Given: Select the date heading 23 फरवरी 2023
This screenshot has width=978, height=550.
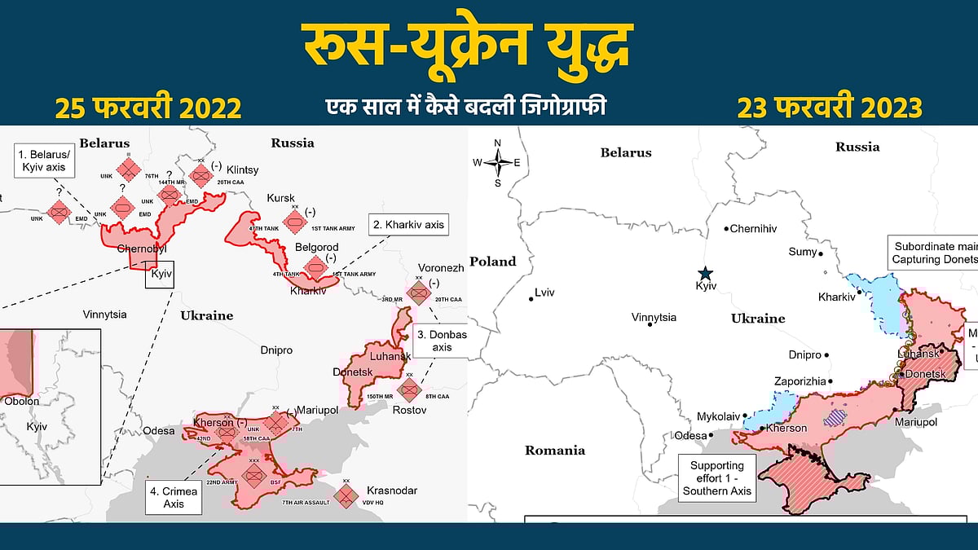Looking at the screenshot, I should pyautogui.click(x=830, y=108).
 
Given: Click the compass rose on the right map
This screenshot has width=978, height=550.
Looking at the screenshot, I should pyautogui.click(x=498, y=162).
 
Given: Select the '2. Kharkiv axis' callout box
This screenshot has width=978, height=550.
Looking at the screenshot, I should pyautogui.click(x=408, y=224).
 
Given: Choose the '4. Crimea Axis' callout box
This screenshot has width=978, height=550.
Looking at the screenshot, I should pyautogui.click(x=174, y=497).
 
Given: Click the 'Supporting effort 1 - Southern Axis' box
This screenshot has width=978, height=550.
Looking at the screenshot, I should pyautogui.click(x=717, y=477).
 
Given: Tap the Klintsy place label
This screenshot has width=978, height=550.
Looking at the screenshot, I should pyautogui.click(x=242, y=169).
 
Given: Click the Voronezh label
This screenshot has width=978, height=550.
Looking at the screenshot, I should pyautogui.click(x=441, y=267).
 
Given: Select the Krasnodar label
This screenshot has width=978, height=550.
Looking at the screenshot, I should pyautogui.click(x=392, y=491).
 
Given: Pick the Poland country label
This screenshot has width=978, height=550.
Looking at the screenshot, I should pyautogui.click(x=493, y=262).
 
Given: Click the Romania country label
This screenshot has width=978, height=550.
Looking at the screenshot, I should pyautogui.click(x=555, y=450).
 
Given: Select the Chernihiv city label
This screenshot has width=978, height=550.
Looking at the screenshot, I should pyautogui.click(x=752, y=229).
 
